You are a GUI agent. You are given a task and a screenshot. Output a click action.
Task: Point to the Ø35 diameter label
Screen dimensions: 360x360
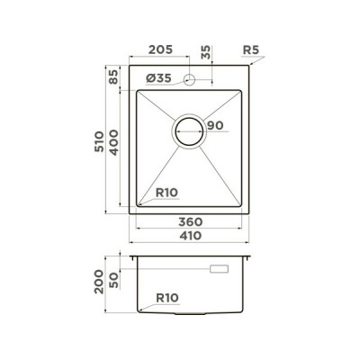pyautogui.click(x=158, y=79)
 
